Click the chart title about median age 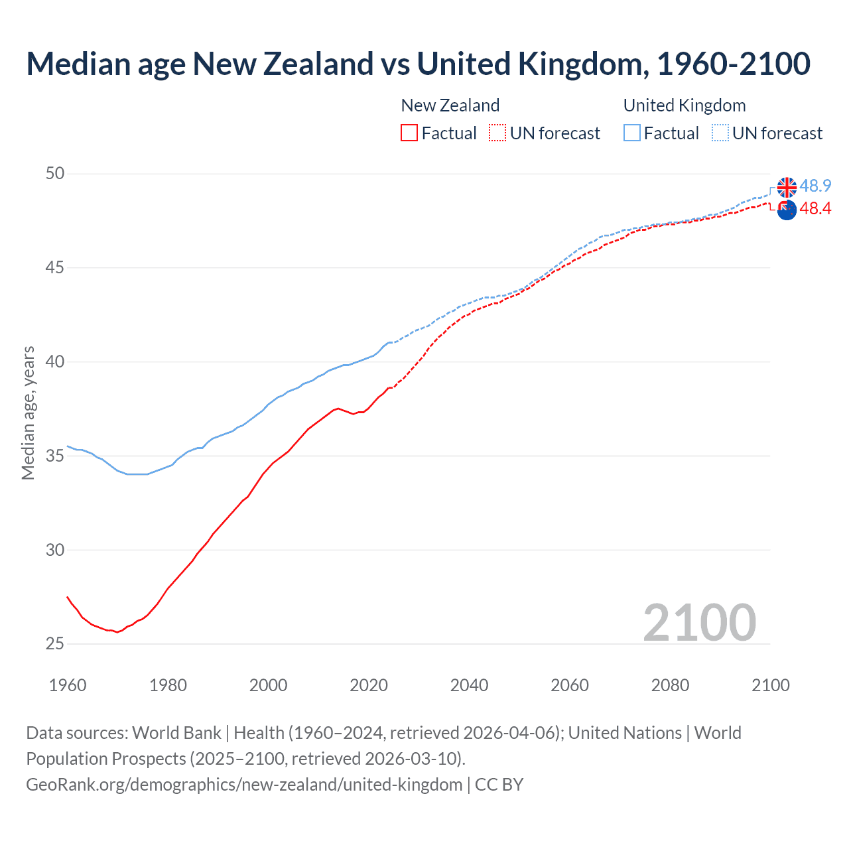click(x=418, y=64)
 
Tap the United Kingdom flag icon click(x=787, y=187)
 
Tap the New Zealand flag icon click(x=787, y=210)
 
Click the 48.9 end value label click(x=815, y=186)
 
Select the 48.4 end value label click(x=815, y=209)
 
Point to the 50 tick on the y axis click(x=55, y=174)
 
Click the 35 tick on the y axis click(x=55, y=456)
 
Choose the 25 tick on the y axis click(x=55, y=644)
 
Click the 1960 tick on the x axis click(x=68, y=685)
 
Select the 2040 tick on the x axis click(x=469, y=685)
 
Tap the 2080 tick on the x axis click(x=670, y=685)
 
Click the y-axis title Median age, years click(x=29, y=413)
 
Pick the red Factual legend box click(x=409, y=133)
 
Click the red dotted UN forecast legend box click(x=497, y=133)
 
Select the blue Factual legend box click(x=632, y=133)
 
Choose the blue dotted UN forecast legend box click(x=720, y=133)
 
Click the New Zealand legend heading click(x=450, y=105)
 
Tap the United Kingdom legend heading click(x=685, y=105)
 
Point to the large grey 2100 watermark click(x=699, y=623)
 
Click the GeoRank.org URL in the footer click(x=244, y=785)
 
